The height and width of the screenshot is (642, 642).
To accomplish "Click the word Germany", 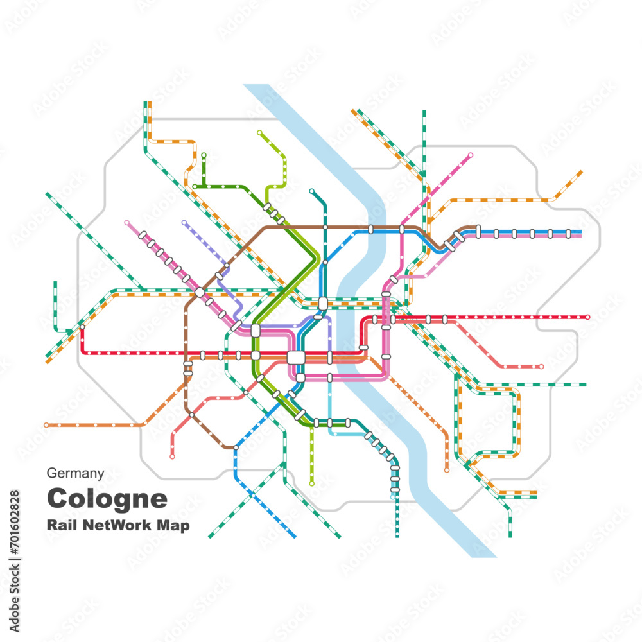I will (x=75, y=474).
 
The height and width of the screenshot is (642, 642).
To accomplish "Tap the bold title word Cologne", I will (x=107, y=498).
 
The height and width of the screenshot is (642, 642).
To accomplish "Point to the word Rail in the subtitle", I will (x=60, y=525).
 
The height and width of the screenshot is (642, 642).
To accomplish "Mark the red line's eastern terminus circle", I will (x=587, y=317).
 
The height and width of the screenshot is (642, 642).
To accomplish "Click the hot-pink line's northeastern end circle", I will (x=471, y=155).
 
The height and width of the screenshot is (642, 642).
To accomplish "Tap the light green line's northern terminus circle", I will (x=259, y=133).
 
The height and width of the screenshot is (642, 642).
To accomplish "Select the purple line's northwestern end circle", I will (x=184, y=223).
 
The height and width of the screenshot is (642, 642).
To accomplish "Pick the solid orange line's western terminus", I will (x=46, y=425).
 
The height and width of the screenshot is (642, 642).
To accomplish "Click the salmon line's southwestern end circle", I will (x=172, y=456).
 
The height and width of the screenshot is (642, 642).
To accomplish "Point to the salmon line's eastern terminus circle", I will (x=541, y=367).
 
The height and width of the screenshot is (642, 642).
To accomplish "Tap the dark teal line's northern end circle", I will (x=311, y=191).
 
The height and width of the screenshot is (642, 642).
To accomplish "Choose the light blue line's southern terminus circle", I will (x=393, y=496).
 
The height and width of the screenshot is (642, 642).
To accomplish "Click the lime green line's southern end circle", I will (x=312, y=483).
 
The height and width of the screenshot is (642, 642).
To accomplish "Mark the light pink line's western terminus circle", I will (x=126, y=222).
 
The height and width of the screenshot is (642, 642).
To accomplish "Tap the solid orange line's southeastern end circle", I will (x=447, y=471).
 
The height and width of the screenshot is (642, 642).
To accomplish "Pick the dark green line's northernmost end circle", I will (x=204, y=155).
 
